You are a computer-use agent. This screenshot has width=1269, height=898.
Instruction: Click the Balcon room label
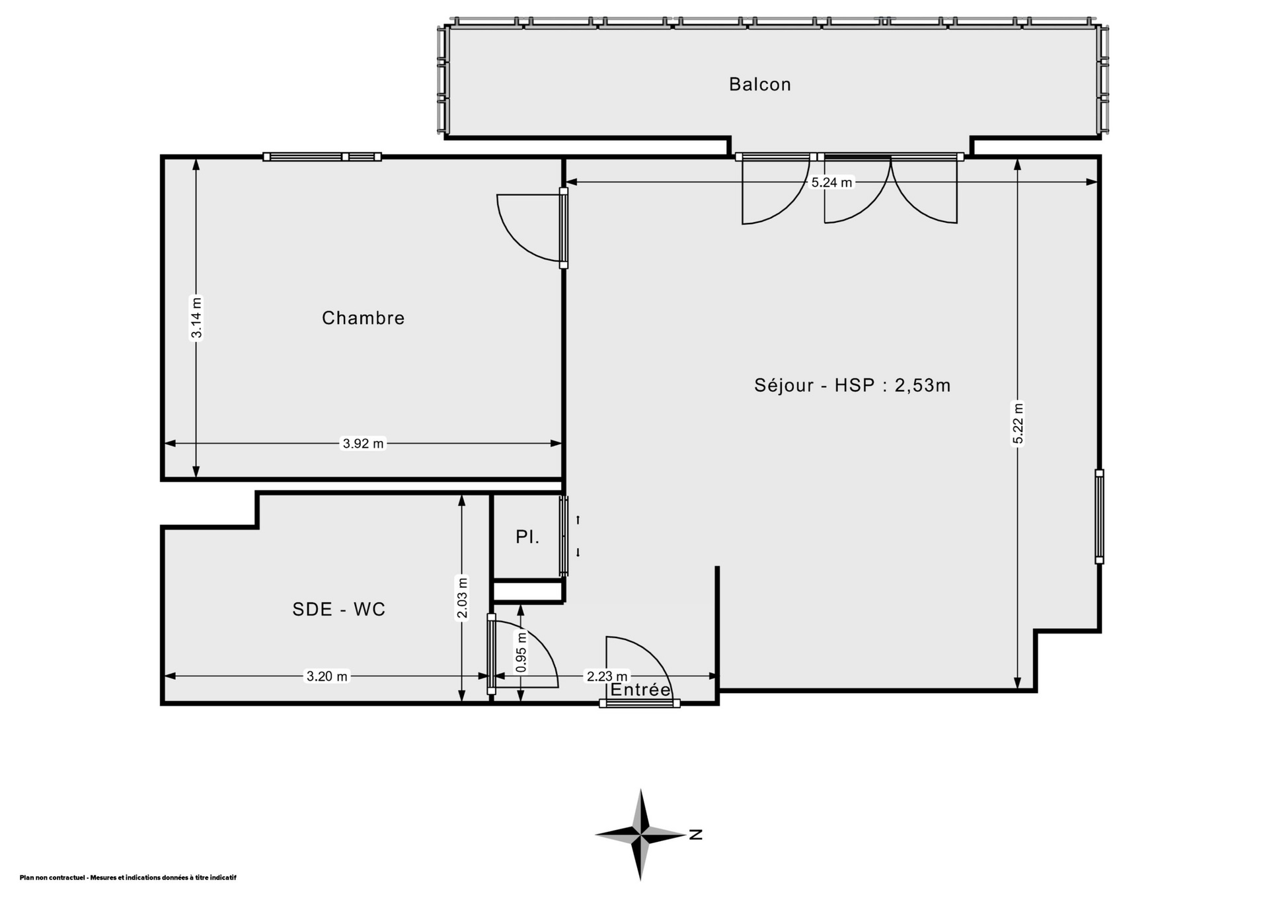point(759,84)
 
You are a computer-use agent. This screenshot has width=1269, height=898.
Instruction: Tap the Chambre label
point(363,318)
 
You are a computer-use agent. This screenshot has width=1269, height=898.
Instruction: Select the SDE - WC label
point(338,609)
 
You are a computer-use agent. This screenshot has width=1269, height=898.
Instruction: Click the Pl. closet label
point(527,538)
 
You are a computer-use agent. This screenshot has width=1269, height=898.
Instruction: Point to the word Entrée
point(640,690)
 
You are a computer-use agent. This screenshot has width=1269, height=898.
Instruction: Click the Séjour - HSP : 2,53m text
point(852,385)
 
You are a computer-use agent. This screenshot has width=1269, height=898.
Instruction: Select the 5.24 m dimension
point(831,183)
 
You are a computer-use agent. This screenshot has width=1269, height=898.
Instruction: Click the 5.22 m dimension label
point(1019,424)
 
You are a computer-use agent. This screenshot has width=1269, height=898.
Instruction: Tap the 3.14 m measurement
point(196,318)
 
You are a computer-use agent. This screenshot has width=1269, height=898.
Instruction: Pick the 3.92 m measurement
point(363,444)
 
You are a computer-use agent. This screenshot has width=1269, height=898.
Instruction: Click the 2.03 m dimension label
point(463,598)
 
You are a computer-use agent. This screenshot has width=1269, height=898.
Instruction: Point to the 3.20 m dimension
point(327,676)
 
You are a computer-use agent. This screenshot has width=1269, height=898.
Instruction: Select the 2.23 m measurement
point(607,676)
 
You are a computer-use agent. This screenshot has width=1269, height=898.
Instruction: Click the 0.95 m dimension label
point(521,653)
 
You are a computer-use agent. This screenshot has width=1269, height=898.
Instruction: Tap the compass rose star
point(640,835)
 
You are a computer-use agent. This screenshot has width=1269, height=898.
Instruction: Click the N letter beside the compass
point(695,835)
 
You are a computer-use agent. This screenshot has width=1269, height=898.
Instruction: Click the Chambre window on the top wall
point(323,157)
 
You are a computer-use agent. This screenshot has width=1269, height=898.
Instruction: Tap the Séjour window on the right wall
point(1099,516)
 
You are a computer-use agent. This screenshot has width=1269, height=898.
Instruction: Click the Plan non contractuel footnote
point(128,878)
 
